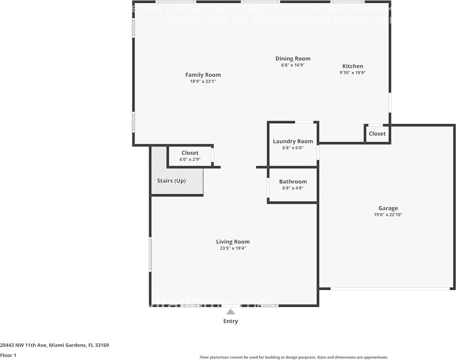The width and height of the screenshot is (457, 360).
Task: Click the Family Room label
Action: coord(203,75)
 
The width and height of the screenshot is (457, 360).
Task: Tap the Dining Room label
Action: coord(293,58)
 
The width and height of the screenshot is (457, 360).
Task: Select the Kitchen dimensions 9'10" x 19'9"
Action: coord(353,73)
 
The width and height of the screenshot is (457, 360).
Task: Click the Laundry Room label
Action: coord(293,141)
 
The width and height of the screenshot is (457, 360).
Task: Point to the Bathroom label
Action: coord(293,181)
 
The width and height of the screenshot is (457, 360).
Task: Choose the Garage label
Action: coord(388,208)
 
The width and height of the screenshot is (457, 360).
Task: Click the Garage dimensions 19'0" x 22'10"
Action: coord(388,215)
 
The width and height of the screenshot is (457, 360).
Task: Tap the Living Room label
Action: coord(233,242)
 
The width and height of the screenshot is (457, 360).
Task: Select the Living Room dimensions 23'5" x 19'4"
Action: coord(233,249)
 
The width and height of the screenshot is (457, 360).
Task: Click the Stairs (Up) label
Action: coord(171,180)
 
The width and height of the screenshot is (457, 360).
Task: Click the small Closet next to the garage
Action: coord(377,133)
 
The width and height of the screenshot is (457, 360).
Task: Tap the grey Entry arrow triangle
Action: coord(230,312)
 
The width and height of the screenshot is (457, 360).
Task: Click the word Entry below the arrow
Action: coord(230,321)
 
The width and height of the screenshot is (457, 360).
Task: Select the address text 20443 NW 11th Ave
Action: coord(24,345)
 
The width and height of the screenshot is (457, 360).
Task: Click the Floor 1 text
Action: coord(8,355)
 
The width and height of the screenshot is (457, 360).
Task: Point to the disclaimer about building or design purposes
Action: coord(294,357)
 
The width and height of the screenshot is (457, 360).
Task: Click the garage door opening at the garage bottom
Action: coord(390,289)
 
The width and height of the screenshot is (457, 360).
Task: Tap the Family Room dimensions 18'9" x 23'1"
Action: coord(203,81)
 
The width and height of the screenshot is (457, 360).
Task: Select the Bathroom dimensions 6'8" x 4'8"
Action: coord(293,188)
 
